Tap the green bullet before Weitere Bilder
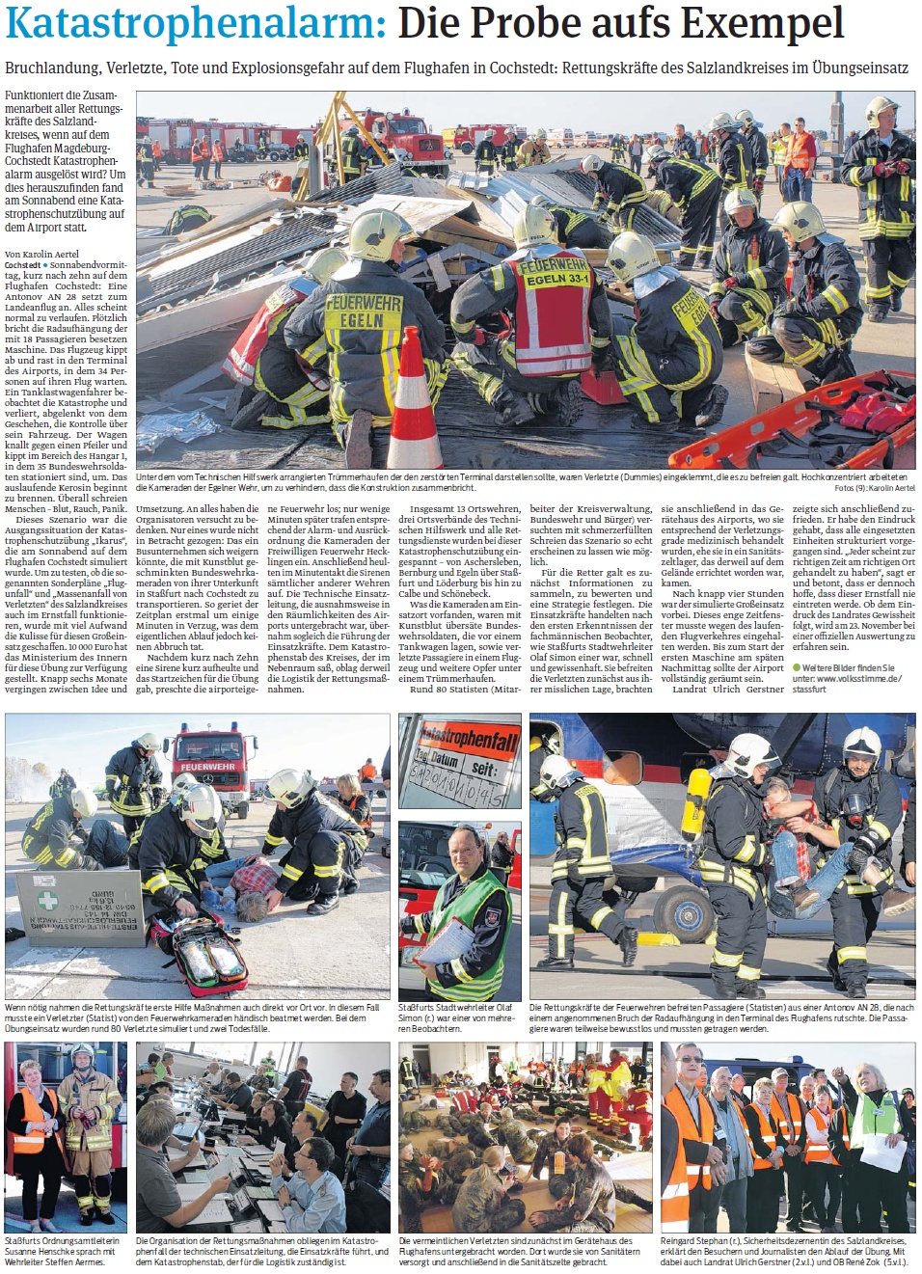(797, 667)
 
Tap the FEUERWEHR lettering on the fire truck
(206, 767)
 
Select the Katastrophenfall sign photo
(459, 761)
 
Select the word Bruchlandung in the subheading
(52, 68)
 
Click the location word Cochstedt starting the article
(23, 265)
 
